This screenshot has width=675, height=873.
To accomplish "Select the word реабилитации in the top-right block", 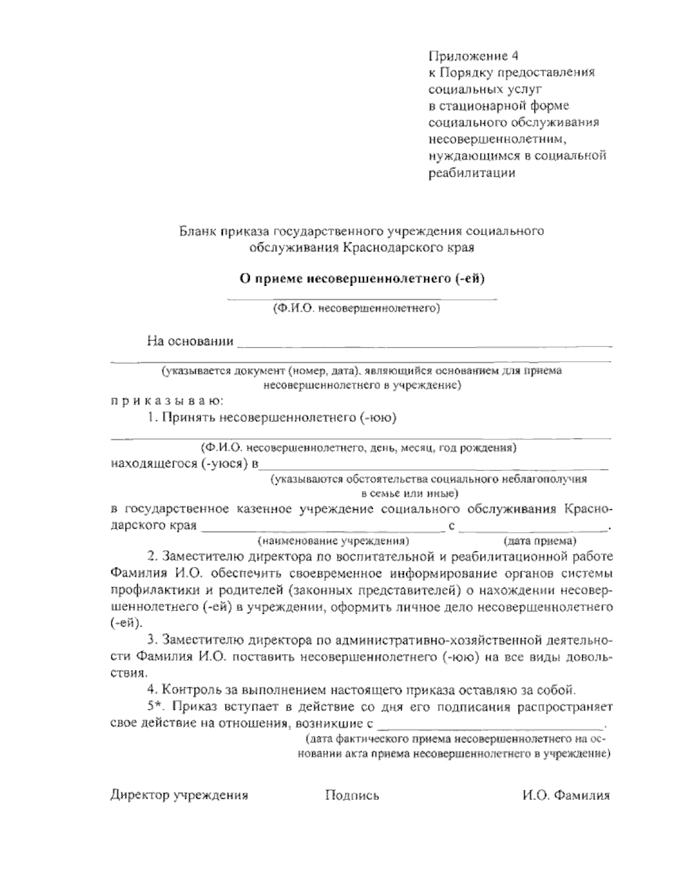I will coord(471,173).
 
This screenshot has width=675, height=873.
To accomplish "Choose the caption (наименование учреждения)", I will coord(332,542).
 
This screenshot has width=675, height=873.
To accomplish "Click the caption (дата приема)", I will coord(539,542).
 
